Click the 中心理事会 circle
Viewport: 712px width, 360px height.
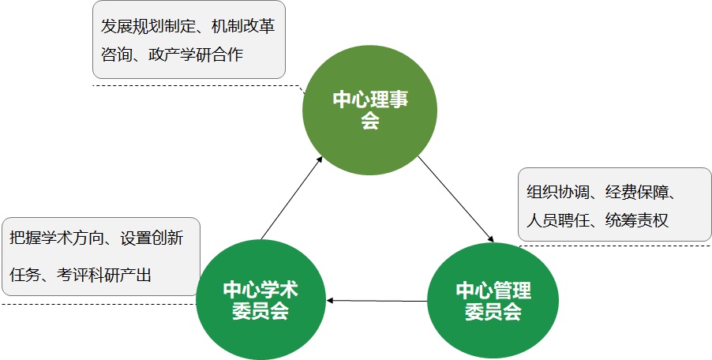[369, 110]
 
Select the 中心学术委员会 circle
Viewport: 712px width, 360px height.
[260, 300]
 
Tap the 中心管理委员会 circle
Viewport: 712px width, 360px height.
[493, 301]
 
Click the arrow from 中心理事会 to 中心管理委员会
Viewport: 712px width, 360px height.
[455, 199]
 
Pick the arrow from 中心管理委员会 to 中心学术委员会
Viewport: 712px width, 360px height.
[377, 301]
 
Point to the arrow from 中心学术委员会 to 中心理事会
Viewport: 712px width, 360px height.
[292, 197]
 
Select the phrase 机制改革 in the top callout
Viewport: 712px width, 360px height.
[243, 26]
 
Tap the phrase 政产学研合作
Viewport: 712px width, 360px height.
[196, 54]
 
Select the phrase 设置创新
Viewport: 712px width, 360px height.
[152, 238]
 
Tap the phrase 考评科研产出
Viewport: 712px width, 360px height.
[104, 275]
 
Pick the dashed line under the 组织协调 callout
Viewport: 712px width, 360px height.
[616, 246]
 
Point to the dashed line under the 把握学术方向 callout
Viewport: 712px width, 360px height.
[99, 304]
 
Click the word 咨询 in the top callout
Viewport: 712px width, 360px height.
[116, 54]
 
